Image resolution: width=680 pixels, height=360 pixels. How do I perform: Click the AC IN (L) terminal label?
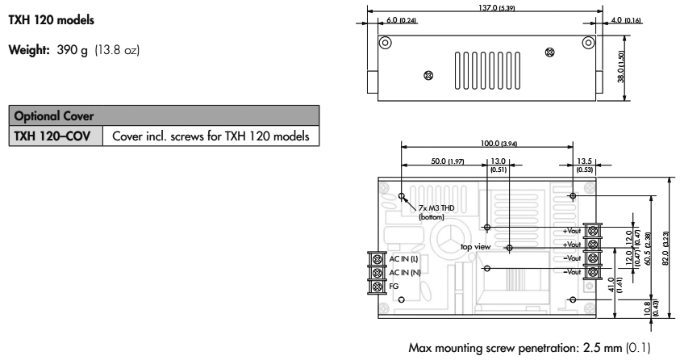pos(404,259)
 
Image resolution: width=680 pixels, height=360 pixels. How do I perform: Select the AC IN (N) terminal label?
pos(404,272)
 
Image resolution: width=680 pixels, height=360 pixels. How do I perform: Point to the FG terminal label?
pos(394,286)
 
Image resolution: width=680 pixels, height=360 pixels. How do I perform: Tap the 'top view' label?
pos(476,246)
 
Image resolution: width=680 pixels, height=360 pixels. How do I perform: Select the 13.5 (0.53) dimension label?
pos(583,165)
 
